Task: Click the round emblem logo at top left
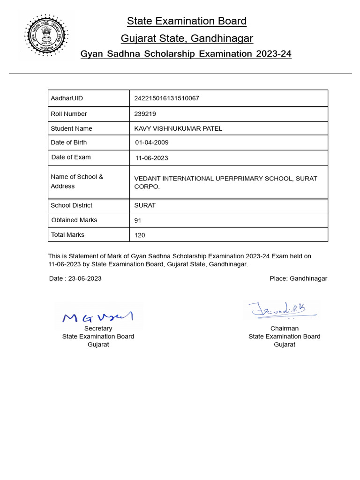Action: tap(46, 36)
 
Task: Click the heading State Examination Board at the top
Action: tap(187, 21)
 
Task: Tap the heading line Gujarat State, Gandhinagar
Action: tap(187, 38)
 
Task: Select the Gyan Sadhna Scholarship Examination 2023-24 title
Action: tap(186, 54)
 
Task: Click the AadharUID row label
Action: tap(67, 98)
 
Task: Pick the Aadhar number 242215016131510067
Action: tap(166, 98)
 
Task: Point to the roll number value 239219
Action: tap(145, 114)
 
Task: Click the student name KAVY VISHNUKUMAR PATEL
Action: tap(178, 128)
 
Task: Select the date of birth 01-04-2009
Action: tap(152, 142)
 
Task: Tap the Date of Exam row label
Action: tap(71, 157)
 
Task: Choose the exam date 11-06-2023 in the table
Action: tap(151, 158)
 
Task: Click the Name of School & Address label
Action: tap(77, 181)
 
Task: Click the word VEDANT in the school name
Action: tap(148, 179)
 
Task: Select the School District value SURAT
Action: tap(145, 205)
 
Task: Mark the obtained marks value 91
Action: tap(138, 220)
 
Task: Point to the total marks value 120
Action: tap(140, 235)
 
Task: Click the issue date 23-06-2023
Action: tap(85, 278)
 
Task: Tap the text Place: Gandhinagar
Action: tap(298, 278)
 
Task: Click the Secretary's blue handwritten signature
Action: tap(98, 317)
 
